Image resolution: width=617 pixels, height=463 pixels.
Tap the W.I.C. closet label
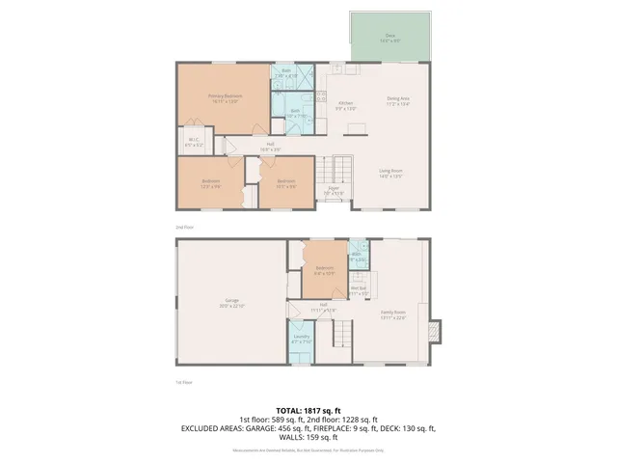[x=193, y=141]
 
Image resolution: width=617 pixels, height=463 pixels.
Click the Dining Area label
[x=398, y=99]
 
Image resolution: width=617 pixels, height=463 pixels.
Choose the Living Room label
[x=389, y=174]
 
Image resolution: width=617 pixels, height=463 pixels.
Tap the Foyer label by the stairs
[x=334, y=189]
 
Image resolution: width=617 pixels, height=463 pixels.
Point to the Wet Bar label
[x=358, y=290]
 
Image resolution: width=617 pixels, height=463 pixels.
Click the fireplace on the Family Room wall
[x=436, y=331]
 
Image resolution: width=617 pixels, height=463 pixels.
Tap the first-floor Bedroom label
[x=324, y=270]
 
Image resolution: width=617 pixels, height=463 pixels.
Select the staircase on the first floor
[x=339, y=334]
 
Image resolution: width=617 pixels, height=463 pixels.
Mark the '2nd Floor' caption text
[x=183, y=227]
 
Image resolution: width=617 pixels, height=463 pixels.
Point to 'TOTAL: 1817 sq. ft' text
[x=308, y=409]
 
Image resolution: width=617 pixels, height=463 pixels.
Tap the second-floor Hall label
[x=271, y=148]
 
